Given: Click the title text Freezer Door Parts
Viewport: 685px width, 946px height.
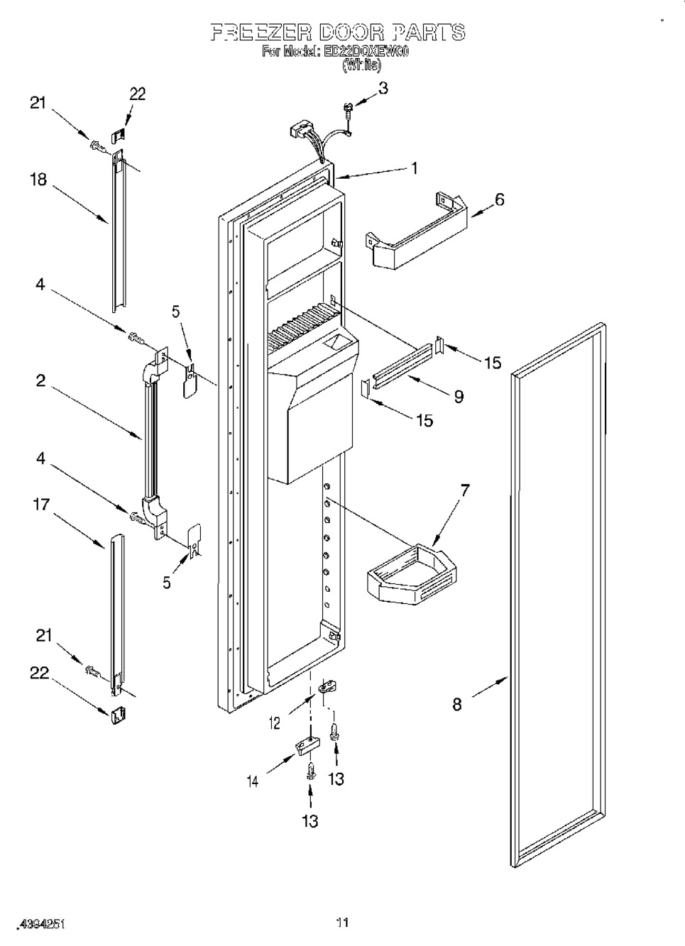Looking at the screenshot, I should tap(339, 32).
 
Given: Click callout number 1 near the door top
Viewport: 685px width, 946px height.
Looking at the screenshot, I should tap(415, 168).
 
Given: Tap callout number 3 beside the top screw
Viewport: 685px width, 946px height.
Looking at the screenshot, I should tap(383, 88).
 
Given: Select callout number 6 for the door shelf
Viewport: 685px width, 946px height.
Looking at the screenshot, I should tap(500, 199).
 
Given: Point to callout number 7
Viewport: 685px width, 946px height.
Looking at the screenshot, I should tap(465, 490).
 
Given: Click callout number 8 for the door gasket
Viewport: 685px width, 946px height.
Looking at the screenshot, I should tap(457, 704).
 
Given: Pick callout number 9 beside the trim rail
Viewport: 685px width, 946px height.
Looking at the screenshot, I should tap(459, 396).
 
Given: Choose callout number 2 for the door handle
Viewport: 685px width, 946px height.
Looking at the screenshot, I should tap(40, 380).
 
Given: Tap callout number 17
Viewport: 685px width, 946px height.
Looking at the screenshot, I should tap(41, 505).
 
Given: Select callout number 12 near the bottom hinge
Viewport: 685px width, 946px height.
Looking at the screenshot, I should tap(274, 723).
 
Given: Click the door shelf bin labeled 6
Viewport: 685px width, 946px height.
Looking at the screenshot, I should tap(415, 238).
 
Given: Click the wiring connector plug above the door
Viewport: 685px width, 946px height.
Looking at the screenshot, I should tap(302, 133).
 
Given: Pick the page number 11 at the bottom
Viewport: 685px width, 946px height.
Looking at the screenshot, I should tap(342, 923).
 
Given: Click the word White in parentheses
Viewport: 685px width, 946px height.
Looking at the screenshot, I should tap(361, 65).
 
